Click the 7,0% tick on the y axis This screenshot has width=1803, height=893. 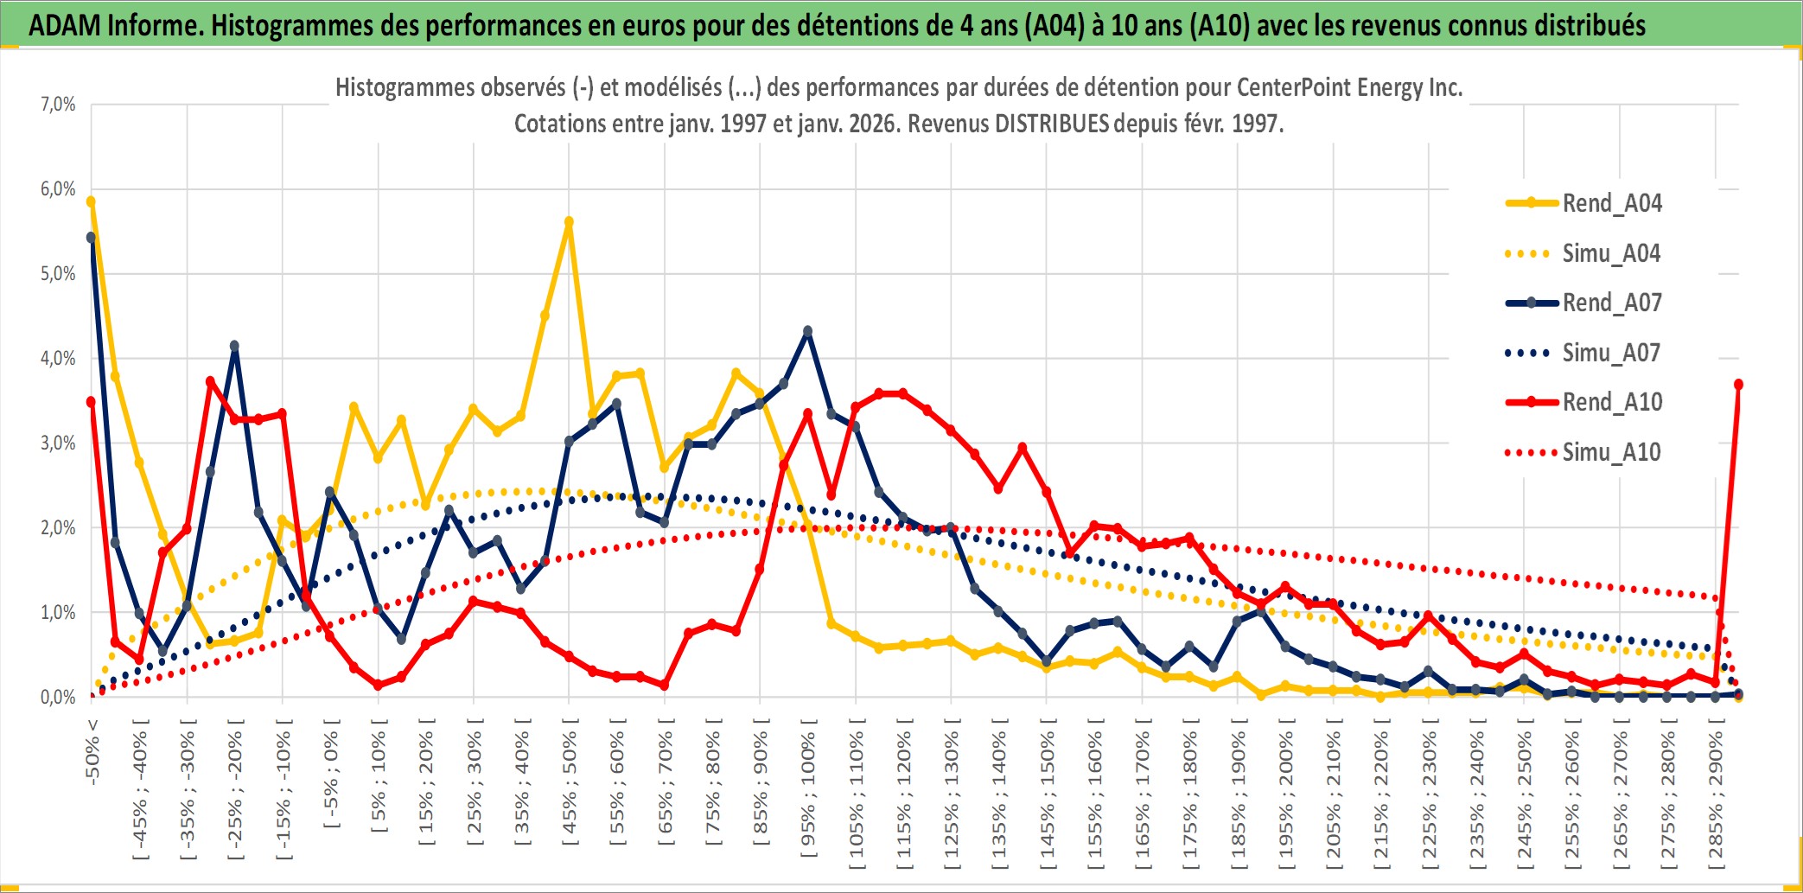coord(58,105)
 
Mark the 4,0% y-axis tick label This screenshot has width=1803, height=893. coord(58,359)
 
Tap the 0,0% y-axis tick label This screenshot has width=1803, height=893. coord(58,698)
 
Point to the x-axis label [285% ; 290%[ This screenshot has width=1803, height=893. coord(1716,800)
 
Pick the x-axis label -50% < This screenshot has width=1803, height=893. coord(92,750)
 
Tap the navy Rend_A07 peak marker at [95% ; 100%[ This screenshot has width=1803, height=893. coord(808,331)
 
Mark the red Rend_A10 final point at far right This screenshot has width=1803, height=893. coord(1738,385)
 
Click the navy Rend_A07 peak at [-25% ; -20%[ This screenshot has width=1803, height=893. coord(234,346)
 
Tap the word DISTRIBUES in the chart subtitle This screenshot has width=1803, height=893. coord(1051,124)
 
